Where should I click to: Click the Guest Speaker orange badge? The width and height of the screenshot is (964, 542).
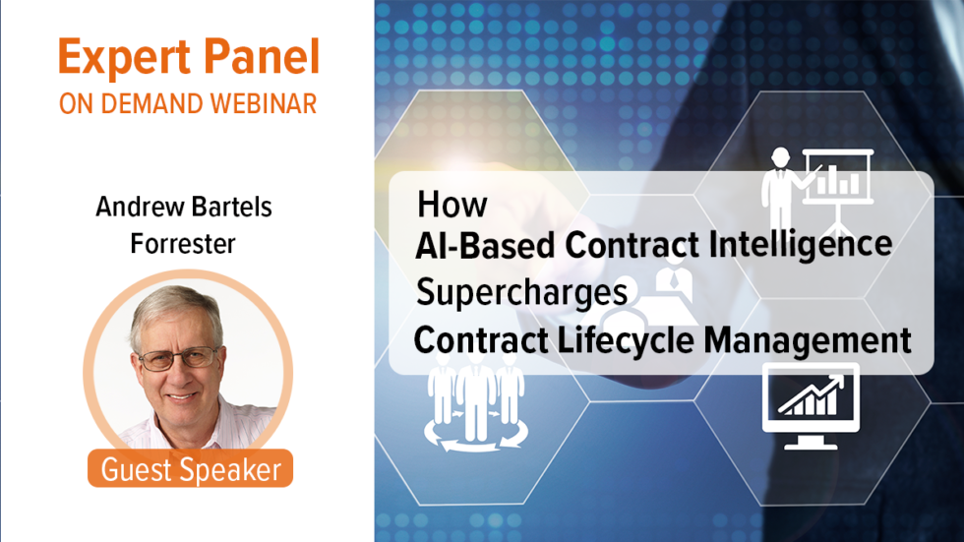(190, 469)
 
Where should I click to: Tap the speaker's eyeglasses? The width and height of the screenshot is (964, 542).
(178, 357)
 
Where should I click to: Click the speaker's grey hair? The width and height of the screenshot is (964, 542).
(175, 308)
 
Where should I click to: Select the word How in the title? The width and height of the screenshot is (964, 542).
(452, 205)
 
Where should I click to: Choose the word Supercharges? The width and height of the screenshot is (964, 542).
(521, 292)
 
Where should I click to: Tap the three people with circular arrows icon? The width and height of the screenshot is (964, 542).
(475, 402)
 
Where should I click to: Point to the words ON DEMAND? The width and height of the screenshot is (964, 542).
(127, 104)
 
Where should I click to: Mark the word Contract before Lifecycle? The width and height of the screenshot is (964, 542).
(481, 340)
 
